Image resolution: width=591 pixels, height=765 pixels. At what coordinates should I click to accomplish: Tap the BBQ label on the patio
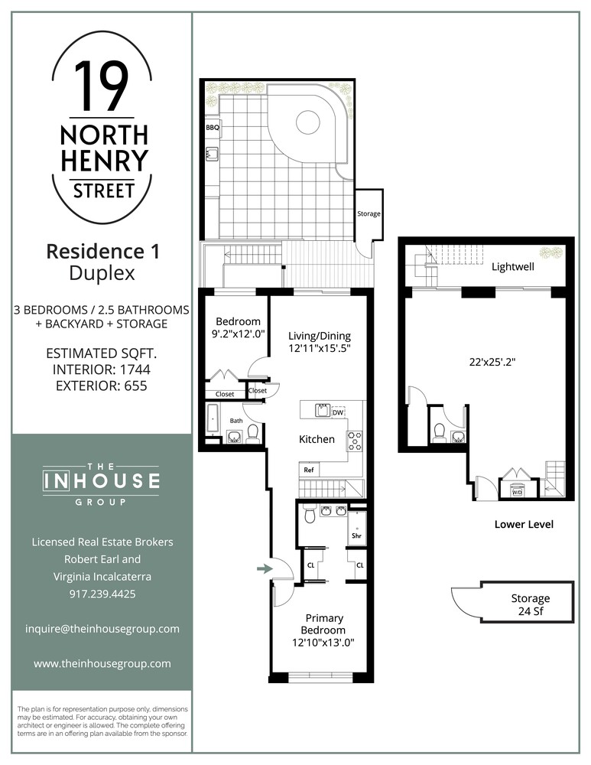213,128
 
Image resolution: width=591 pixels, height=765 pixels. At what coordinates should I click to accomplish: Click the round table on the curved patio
307,122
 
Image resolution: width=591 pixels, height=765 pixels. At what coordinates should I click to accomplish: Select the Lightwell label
512,268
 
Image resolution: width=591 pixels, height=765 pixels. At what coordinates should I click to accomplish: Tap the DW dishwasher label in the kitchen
338,412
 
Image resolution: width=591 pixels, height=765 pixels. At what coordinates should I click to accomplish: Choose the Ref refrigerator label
309,470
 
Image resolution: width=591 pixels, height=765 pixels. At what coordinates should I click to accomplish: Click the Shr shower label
356,535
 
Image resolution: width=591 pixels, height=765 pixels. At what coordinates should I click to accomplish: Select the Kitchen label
317,439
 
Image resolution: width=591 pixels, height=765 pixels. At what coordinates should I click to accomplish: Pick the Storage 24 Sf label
530,604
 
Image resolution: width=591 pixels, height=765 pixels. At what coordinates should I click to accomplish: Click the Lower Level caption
524,525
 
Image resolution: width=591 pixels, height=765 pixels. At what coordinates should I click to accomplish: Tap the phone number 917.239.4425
102,594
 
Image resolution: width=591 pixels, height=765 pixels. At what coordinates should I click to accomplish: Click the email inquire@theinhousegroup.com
102,629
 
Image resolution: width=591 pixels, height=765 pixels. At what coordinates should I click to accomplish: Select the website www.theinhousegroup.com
102,664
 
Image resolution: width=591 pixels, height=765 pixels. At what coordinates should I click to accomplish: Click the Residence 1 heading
102,250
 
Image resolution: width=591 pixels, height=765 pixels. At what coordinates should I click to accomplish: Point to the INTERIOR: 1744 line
102,370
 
